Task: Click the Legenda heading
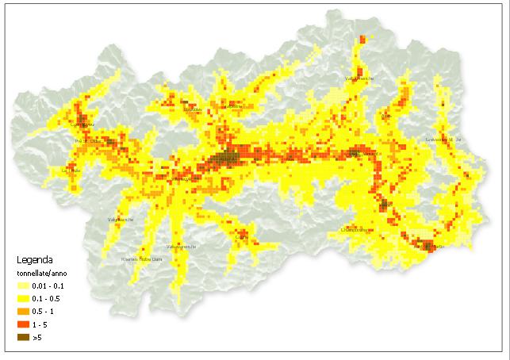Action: (36, 259)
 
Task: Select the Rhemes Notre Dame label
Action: (141, 259)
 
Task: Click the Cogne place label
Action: (242, 236)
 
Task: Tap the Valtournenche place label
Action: (359, 79)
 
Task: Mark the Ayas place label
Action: (387, 116)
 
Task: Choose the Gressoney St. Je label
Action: (443, 140)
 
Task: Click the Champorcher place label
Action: (355, 230)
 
